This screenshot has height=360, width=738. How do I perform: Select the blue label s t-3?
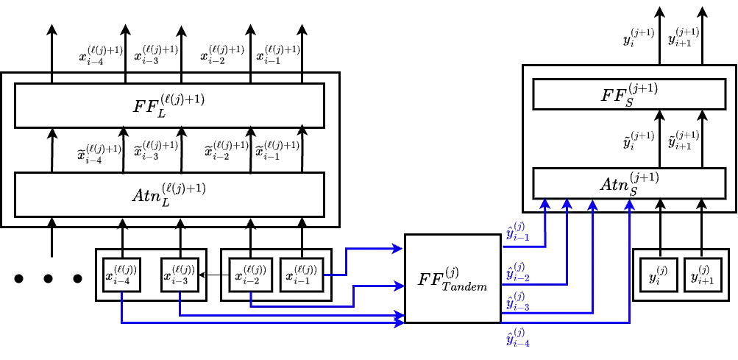point(518,300)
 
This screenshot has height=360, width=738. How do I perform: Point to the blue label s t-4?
point(518,337)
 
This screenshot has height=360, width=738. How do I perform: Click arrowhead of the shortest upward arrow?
point(544,204)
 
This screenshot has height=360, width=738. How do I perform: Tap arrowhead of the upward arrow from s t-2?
point(567,204)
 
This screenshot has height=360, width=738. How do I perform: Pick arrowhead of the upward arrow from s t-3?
point(592,204)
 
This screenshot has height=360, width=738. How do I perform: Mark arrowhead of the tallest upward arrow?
point(629,204)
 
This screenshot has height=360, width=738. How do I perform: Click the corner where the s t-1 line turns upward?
point(544,247)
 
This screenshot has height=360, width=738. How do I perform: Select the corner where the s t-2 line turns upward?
point(567,283)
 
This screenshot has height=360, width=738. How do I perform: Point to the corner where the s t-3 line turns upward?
point(592,314)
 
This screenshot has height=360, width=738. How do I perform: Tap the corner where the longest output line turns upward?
point(631,322)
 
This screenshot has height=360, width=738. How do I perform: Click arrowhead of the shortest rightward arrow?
point(397,249)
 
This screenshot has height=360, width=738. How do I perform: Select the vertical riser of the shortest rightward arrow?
point(345,262)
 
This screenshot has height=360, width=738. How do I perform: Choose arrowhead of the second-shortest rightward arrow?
point(398,286)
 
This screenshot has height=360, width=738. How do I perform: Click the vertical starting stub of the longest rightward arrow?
point(121,306)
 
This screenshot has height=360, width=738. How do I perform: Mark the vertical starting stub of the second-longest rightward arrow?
point(180,303)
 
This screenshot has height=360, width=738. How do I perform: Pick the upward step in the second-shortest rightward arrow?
point(354,295)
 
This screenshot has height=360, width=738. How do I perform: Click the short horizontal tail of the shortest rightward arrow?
point(335,275)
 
